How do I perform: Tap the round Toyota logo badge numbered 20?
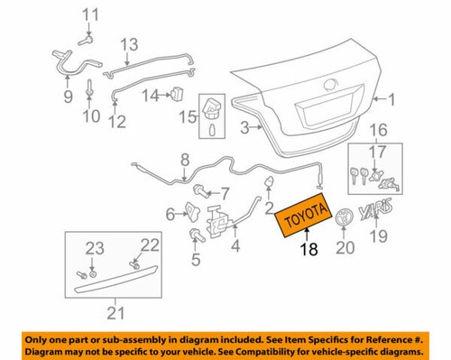[x=344, y=218]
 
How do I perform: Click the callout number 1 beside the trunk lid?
[x=392, y=98]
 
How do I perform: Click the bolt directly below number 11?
[x=90, y=38]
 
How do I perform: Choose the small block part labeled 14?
[x=178, y=94]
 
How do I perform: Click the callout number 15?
[x=187, y=116]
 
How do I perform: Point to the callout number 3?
[x=243, y=129]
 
